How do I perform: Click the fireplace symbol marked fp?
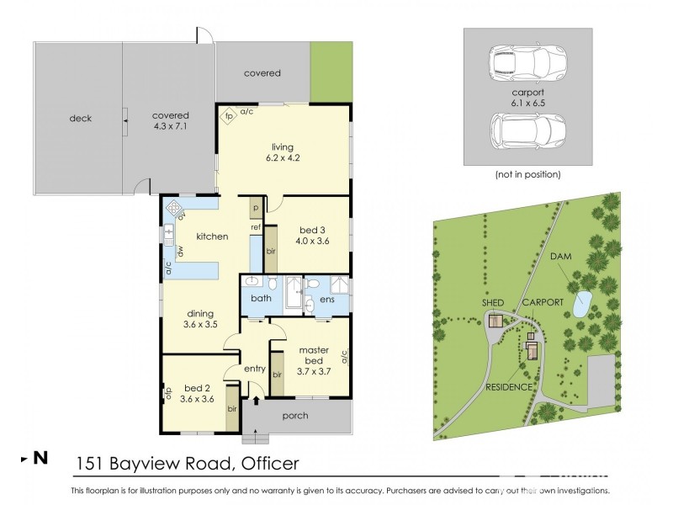coord(227,116)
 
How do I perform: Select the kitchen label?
coord(212,237)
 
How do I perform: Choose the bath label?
coord(261,298)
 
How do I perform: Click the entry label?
coord(255,369)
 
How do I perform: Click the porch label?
coord(295,416)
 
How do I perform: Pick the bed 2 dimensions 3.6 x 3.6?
coord(193,399)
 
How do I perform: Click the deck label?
coord(80,118)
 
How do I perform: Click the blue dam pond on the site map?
coord(580,305)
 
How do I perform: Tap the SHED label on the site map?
coord(493,302)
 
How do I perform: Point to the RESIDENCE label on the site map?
coord(509,387)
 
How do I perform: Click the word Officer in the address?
coord(270,462)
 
